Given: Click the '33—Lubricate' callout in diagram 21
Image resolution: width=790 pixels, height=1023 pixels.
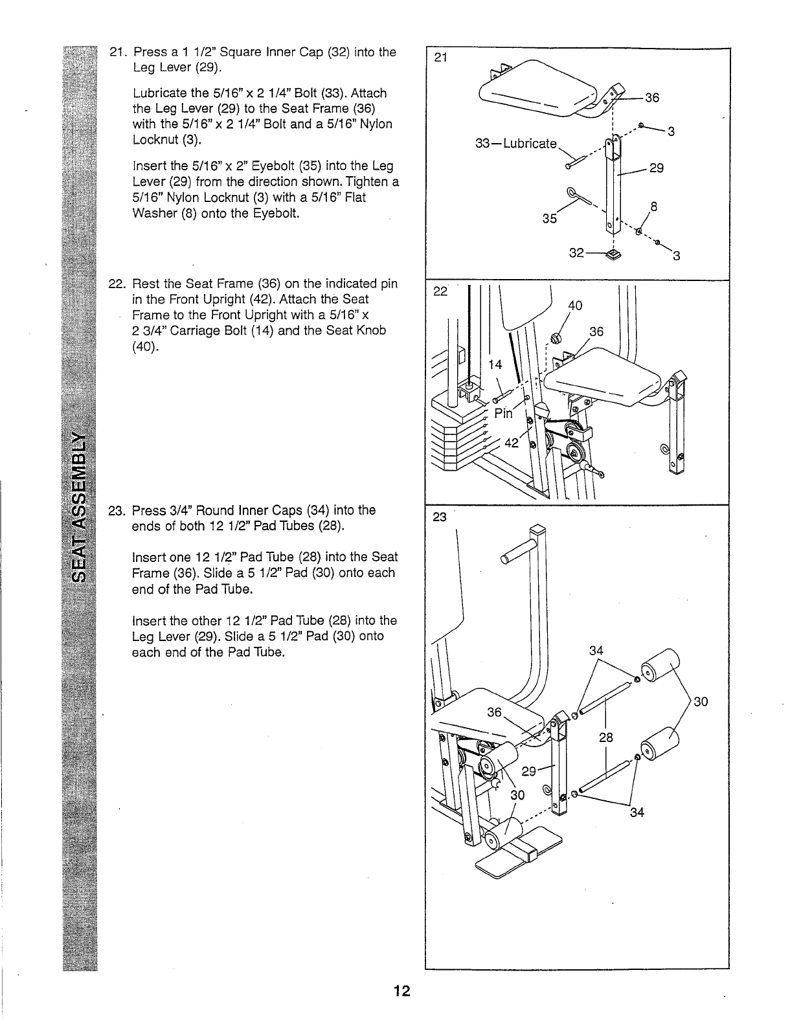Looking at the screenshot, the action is [x=515, y=143].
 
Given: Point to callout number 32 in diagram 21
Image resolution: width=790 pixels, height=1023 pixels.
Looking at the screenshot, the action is [x=576, y=253].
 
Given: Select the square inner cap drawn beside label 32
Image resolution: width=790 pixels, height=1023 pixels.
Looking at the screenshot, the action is [x=612, y=253].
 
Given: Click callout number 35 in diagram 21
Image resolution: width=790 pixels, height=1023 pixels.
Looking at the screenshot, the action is [x=550, y=218].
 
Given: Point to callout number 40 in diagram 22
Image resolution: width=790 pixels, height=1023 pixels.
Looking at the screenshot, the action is [x=575, y=306].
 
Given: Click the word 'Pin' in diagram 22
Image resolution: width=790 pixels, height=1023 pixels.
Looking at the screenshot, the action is [x=503, y=413].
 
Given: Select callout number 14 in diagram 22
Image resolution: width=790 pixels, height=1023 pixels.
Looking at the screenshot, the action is [x=495, y=365].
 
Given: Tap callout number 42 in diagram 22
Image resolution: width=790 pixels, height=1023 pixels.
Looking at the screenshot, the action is [x=512, y=443].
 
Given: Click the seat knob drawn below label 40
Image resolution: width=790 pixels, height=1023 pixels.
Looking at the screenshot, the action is [x=555, y=337].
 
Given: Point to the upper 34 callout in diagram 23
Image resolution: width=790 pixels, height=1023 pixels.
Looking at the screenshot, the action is [x=596, y=649].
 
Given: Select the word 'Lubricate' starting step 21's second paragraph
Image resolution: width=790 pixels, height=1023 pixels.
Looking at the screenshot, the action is [x=155, y=93].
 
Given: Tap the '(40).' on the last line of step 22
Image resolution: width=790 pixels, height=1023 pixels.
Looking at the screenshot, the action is [x=145, y=346].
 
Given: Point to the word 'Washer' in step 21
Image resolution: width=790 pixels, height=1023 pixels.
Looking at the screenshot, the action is [x=152, y=213].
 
